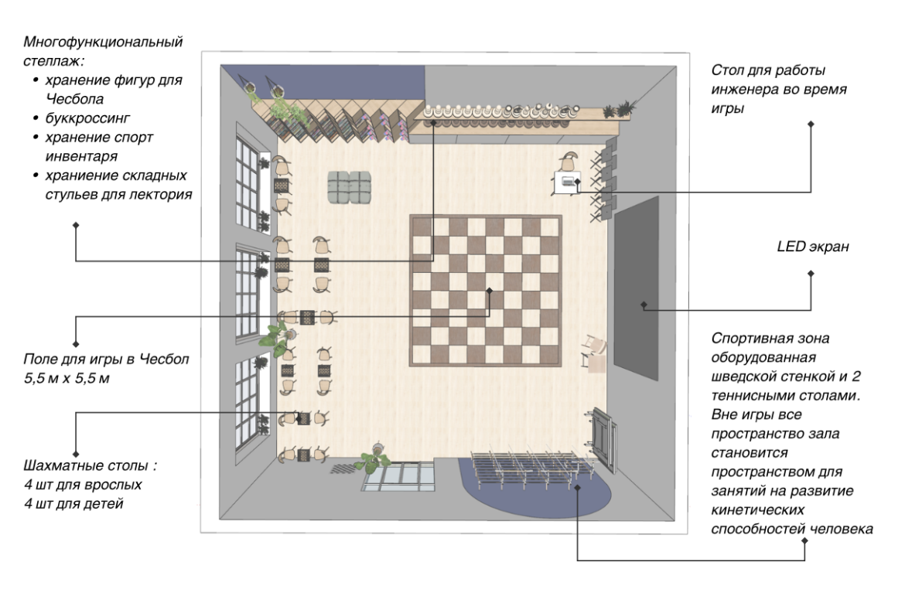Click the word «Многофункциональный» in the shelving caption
click(x=103, y=42)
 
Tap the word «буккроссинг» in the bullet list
click(x=87, y=118)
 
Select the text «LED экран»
click(x=813, y=247)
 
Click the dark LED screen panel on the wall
click(x=636, y=288)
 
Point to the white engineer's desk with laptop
click(x=567, y=183)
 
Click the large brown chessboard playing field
click(x=486, y=291)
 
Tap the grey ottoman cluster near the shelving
click(x=349, y=187)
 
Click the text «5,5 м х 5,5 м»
click(x=67, y=379)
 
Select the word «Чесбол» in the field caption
click(x=165, y=360)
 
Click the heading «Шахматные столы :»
click(x=90, y=465)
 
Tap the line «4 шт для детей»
click(x=74, y=503)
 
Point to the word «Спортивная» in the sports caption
click(x=750, y=339)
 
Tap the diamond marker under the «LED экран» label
click(x=811, y=274)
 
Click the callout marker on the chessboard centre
click(x=490, y=290)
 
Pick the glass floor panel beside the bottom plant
click(x=399, y=477)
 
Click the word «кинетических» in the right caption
click(x=757, y=510)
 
